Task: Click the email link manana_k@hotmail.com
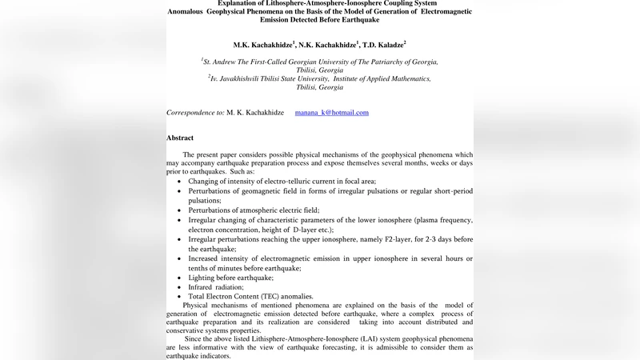331,113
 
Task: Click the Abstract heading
180,138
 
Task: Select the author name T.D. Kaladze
382,46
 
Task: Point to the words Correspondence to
195,113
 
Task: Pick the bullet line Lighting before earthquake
230,278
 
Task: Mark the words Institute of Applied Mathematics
382,78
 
